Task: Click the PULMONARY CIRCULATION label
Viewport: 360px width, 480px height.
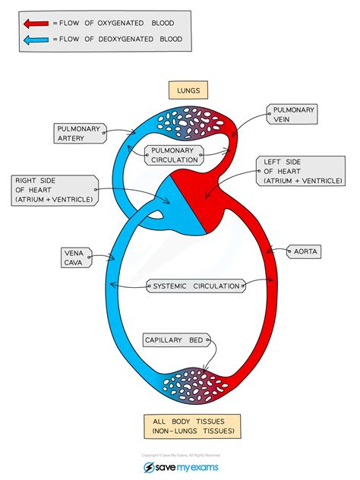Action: (x=175, y=155)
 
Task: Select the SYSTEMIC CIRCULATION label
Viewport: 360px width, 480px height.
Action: (x=196, y=286)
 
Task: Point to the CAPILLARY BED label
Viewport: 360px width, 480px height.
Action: (x=174, y=340)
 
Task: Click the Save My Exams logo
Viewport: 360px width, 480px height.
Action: (x=180, y=466)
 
